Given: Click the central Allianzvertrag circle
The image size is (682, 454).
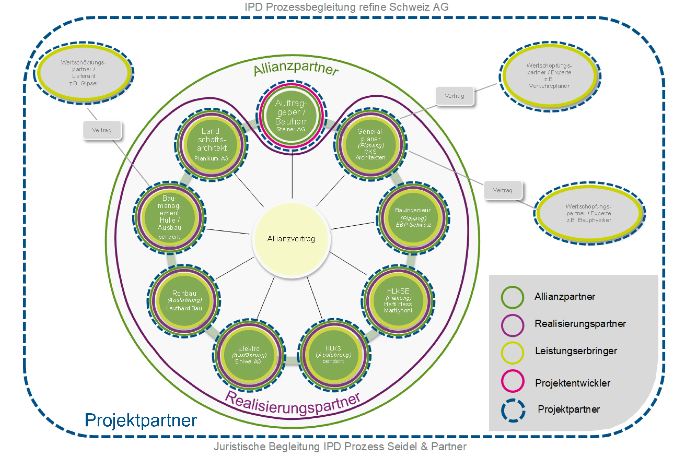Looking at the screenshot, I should click(291, 239).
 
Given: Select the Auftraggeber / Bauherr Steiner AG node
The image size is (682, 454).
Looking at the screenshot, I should click(291, 116).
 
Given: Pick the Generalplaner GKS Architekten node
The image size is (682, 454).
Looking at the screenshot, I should click(370, 144).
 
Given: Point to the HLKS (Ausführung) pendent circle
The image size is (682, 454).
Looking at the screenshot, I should click(333, 355).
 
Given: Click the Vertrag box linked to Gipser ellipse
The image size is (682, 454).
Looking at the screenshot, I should click(102, 130).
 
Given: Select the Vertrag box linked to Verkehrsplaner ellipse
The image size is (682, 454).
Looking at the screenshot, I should click(454, 96).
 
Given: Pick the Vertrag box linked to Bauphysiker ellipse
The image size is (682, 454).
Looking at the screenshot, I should click(502, 190).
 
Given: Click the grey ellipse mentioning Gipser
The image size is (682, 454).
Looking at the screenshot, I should click(84, 73).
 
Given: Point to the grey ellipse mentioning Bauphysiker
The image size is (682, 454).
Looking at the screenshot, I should click(589, 213).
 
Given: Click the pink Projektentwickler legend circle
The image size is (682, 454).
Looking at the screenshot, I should click(512, 381).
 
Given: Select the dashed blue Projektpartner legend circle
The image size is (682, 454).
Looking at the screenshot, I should click(513, 410).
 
